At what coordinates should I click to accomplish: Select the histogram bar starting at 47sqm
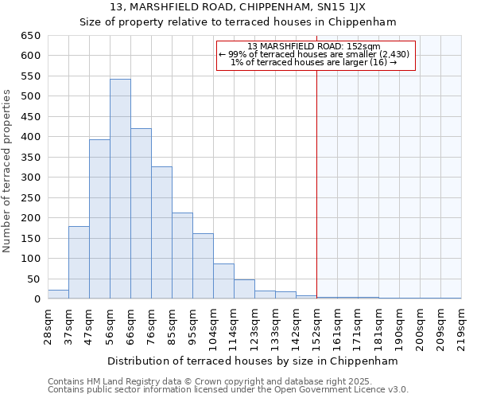coord(99,220)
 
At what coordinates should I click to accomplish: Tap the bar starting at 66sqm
coord(141,214)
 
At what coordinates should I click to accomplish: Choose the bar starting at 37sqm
coord(79,263)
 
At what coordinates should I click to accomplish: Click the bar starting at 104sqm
coord(223,282)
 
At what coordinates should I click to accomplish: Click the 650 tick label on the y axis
coord(31,36)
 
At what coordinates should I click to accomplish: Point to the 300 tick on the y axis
coord(31,178)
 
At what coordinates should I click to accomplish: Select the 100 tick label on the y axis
coord(31,259)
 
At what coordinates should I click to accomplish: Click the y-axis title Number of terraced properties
coord(8,171)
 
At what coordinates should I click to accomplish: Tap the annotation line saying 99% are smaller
coord(315,54)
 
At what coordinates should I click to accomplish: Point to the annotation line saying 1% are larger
coord(315,62)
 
